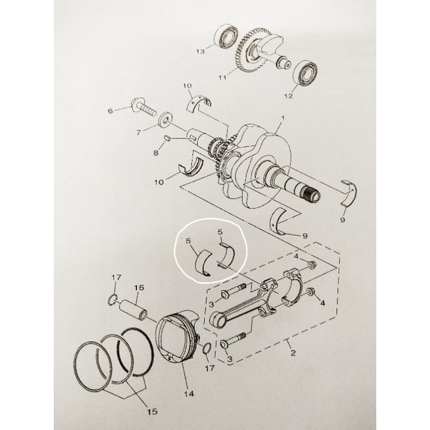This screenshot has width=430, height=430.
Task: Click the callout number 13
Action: pos(201,52)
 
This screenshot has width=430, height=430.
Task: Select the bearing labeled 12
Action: pos(305,70)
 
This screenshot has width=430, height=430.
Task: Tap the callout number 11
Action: pos(223,77)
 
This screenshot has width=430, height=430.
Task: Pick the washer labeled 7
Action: pos(166,119)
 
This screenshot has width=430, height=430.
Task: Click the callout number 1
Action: pos(283,118)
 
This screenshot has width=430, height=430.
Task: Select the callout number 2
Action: pos(293,353)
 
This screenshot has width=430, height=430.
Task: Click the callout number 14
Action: pos(189,393)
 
